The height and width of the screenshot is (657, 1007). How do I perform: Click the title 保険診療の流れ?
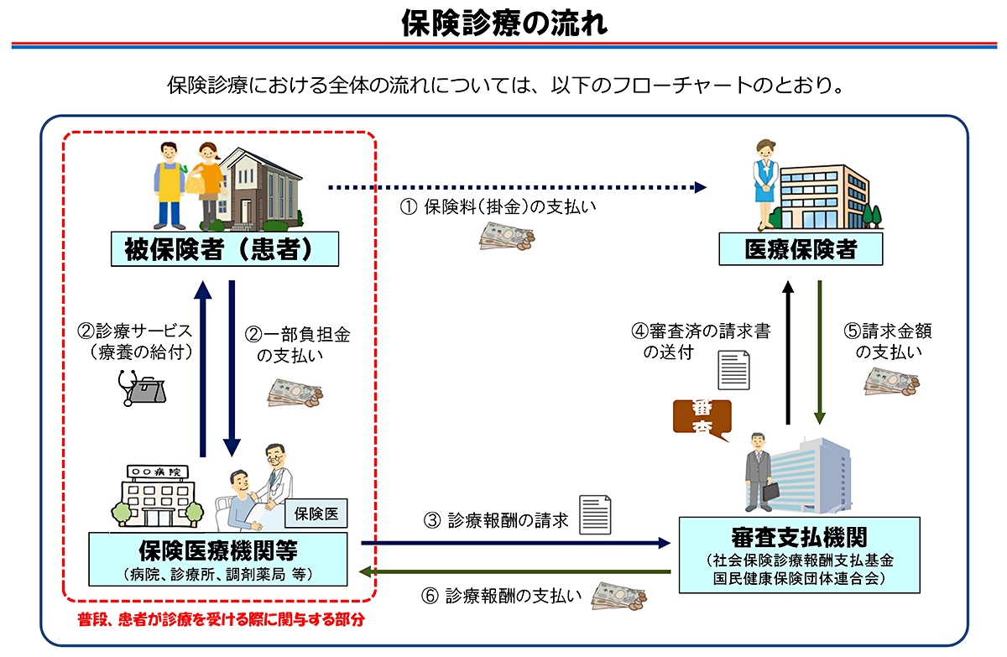point(503,23)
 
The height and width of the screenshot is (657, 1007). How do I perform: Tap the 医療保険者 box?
point(800,249)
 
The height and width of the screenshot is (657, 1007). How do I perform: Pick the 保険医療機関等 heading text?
point(218,550)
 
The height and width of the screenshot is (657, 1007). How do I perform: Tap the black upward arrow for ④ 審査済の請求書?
point(788,352)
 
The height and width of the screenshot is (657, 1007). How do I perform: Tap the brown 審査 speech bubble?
point(702,417)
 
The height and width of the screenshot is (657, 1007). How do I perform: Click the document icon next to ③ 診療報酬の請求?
point(595,514)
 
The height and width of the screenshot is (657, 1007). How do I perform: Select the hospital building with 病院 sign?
point(157,493)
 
